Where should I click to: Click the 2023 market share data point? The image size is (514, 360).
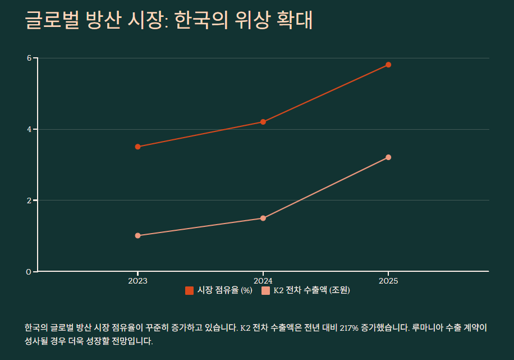(x=138, y=147)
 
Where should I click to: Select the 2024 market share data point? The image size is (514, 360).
(x=263, y=122)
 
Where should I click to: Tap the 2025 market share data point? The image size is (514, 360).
(x=388, y=65)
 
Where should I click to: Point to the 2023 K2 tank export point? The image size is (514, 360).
(x=138, y=236)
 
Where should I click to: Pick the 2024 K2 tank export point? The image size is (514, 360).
(x=263, y=218)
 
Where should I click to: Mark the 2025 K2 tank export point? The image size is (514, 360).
(x=388, y=157)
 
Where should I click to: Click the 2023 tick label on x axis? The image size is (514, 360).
(x=138, y=280)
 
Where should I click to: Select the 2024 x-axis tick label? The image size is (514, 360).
(x=263, y=280)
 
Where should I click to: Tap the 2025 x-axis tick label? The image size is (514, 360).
(x=388, y=280)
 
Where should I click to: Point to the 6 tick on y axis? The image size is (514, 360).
(x=29, y=58)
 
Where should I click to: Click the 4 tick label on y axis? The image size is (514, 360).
(x=29, y=129)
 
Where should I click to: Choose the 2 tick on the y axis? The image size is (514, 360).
(x=29, y=200)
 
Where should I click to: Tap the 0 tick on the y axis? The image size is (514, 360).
(x=29, y=272)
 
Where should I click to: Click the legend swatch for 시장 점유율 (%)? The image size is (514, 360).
(x=189, y=290)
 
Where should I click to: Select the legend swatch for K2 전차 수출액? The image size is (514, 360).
(x=265, y=290)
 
